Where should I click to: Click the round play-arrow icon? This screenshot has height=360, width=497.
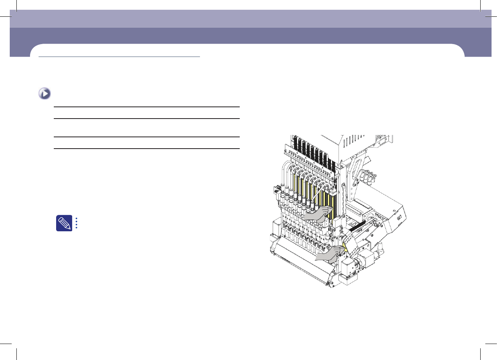45,94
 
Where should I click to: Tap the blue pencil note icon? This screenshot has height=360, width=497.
64,223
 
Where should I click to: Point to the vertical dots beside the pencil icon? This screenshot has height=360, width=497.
77,223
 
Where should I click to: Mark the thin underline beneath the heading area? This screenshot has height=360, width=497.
119,57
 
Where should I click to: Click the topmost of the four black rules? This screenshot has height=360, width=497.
146,106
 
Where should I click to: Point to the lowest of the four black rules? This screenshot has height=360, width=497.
146,148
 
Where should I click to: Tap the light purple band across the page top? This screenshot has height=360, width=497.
249,19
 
